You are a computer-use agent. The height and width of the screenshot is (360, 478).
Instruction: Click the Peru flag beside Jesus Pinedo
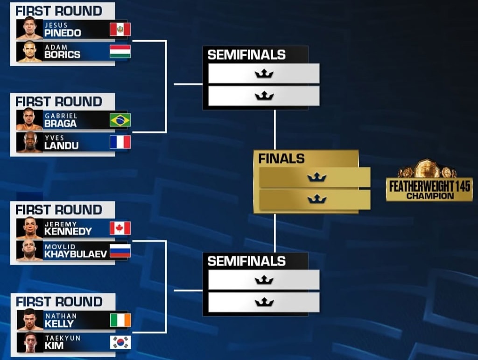120,29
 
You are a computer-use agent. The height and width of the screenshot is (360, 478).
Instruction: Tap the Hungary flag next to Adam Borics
120,51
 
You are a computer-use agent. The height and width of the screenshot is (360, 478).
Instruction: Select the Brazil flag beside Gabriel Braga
120,120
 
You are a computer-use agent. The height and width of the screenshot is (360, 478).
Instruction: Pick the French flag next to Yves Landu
120,142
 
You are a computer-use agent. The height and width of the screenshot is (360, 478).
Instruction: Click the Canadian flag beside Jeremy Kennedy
120,228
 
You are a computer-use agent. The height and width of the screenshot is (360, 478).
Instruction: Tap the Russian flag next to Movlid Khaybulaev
120,251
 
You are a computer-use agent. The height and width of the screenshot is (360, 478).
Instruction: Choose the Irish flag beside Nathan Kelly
120,320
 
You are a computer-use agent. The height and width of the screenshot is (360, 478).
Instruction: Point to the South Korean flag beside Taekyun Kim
120,342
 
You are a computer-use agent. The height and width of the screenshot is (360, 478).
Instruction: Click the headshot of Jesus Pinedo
29,29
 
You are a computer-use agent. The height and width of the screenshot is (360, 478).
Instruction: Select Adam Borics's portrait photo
29,51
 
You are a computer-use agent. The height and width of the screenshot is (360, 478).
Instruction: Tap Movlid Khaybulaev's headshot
29,251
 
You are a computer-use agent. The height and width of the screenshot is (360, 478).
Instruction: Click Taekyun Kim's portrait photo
30,342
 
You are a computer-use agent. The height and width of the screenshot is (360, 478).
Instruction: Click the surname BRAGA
60,124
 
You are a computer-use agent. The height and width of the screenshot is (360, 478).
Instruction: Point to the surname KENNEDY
68,231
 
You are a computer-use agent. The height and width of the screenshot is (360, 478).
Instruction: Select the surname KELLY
59,324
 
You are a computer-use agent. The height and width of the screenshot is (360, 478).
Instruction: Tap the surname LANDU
61,145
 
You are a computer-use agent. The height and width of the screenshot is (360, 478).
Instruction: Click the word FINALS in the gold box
281,159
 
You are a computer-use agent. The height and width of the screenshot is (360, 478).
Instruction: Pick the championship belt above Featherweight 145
427,168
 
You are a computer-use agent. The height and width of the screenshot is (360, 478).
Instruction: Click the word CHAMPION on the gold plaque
430,196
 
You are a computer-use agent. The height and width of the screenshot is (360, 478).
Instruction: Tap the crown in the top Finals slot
317,177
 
